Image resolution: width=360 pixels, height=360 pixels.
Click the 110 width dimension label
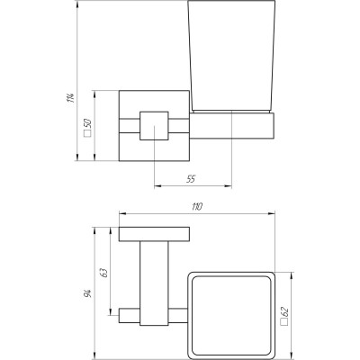click(x=197, y=208)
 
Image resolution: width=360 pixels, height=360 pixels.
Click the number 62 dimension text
click(x=283, y=311)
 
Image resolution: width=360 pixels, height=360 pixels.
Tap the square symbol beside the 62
click(x=283, y=326)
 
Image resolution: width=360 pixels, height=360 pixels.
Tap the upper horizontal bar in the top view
click(x=155, y=235)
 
